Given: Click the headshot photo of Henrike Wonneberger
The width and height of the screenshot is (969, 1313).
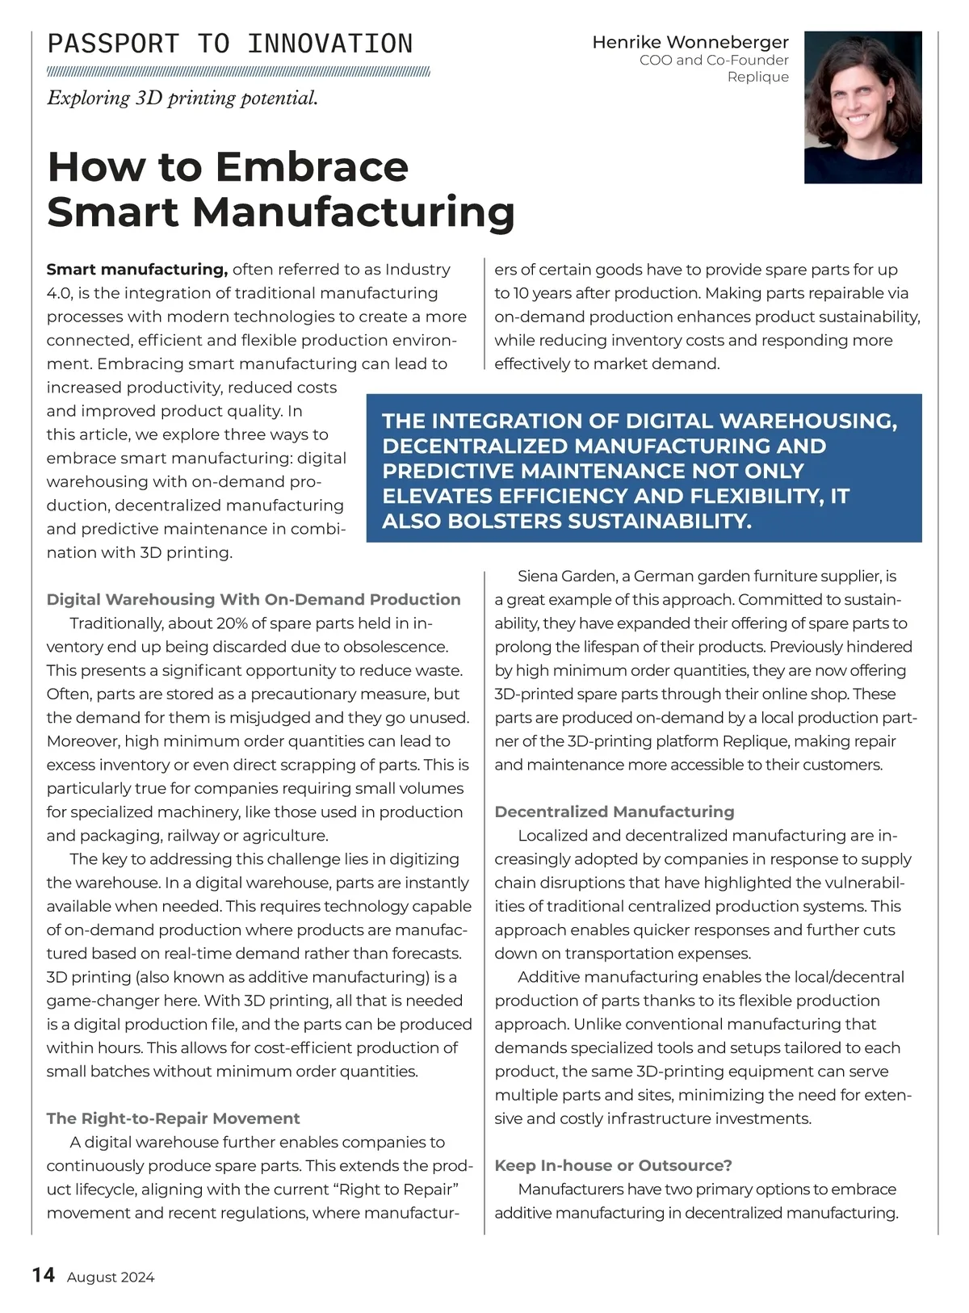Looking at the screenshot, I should (x=862, y=107).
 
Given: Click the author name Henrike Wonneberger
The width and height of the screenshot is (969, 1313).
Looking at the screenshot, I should (x=690, y=42).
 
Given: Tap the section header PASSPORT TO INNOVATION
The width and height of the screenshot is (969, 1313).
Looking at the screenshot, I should (x=230, y=44).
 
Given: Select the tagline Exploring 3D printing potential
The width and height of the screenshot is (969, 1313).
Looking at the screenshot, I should (x=182, y=99).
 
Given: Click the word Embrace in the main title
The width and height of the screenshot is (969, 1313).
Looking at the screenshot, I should (x=312, y=167).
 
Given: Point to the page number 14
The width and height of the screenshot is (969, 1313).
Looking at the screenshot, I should (x=44, y=1275).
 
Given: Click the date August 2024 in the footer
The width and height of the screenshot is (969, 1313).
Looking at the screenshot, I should (x=111, y=1277).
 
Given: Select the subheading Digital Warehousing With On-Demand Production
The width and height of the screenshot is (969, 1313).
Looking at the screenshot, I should (x=254, y=599).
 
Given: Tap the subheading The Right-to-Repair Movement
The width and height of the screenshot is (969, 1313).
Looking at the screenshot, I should (x=173, y=1118).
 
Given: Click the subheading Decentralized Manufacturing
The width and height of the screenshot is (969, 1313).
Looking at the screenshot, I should (x=615, y=812).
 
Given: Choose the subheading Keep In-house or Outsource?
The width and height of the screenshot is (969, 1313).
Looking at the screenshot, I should (x=613, y=1165).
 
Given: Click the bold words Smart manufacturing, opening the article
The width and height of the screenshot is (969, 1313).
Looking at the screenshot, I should (x=137, y=270).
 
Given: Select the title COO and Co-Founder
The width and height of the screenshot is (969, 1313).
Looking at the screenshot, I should (x=714, y=61).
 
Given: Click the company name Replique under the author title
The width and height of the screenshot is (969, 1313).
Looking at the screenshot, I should (x=757, y=78).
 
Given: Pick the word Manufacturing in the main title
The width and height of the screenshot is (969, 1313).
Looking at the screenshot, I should (x=354, y=212).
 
